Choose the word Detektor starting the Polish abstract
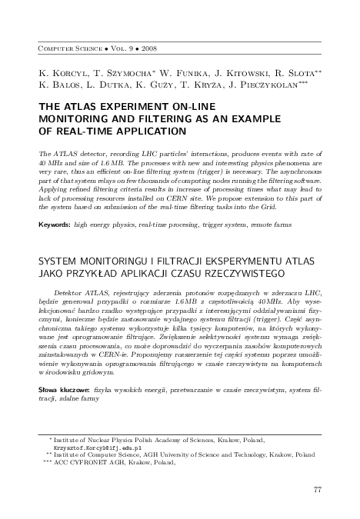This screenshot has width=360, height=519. (x=70, y=293)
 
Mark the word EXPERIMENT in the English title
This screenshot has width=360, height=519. (x=135, y=108)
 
